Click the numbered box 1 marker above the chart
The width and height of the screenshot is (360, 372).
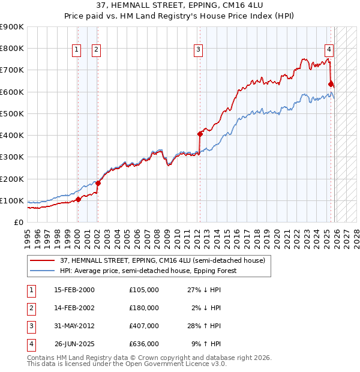[77, 50]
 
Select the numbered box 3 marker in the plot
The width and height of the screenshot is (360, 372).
[198, 50]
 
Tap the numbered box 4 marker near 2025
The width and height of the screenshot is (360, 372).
[329, 50]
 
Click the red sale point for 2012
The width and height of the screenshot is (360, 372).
[200, 134]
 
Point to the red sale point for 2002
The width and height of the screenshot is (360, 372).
[97, 183]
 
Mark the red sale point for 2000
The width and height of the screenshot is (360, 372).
[77, 199]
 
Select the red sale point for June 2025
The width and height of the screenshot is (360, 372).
[331, 84]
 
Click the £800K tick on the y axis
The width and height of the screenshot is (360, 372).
[12, 49]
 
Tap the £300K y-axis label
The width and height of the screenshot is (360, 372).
[12, 157]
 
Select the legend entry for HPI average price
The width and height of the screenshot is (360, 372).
[148, 271]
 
